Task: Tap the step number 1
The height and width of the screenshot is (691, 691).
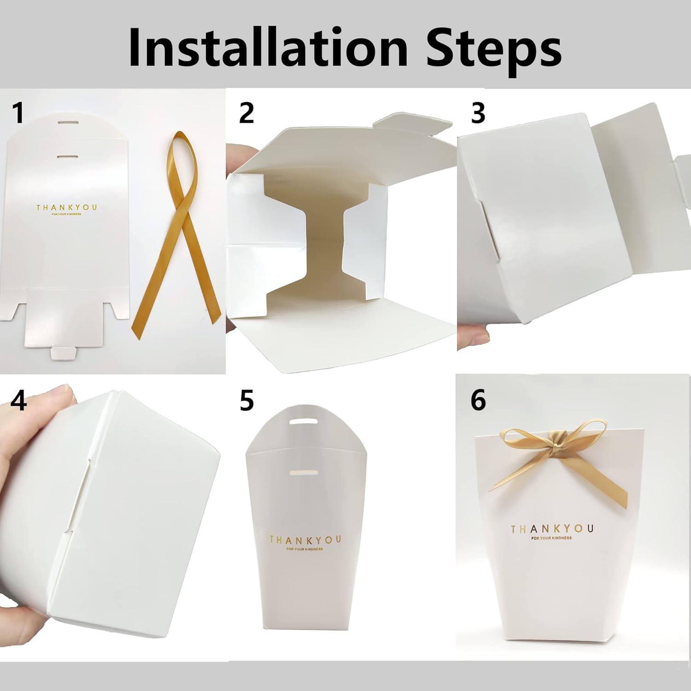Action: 18,113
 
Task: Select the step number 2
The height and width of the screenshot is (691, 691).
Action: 246,113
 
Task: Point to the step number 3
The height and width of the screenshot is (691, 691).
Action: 478,113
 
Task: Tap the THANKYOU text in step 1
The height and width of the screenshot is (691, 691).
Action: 67,208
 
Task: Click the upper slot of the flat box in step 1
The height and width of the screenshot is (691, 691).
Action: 68,123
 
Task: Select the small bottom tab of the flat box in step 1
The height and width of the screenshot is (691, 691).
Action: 64,353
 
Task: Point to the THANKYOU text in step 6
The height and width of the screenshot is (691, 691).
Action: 552,528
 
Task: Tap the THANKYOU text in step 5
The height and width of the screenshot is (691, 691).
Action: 305,539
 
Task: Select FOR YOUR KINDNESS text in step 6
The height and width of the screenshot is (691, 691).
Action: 551,538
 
